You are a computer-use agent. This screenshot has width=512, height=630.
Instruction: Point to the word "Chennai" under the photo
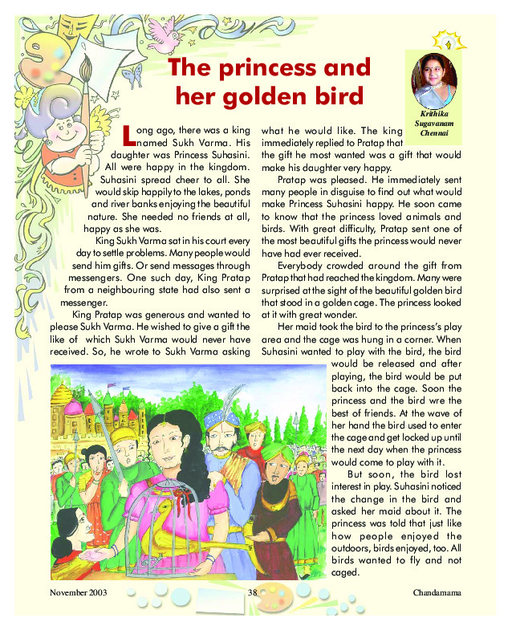(435, 133)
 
